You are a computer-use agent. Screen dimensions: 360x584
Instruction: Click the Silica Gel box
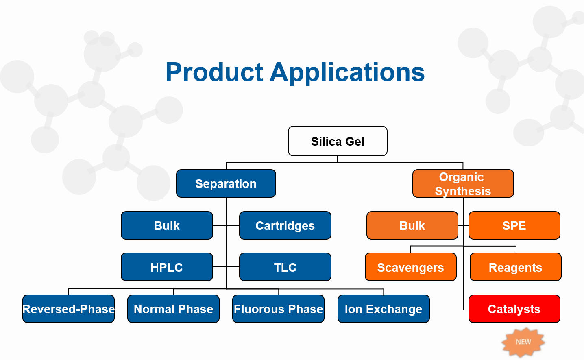click(338, 141)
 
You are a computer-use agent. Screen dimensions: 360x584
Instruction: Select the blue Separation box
click(226, 183)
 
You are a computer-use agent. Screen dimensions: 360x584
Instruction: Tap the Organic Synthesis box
click(463, 183)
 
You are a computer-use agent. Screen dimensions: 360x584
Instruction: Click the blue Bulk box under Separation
click(167, 225)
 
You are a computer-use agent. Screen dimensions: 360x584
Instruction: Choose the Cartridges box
click(285, 225)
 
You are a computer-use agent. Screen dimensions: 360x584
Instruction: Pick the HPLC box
click(167, 267)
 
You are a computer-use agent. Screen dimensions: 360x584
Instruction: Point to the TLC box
click(285, 267)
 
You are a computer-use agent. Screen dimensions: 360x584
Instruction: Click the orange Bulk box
click(412, 225)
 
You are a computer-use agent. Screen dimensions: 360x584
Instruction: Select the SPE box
click(514, 225)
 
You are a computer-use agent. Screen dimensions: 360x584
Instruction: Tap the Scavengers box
click(410, 267)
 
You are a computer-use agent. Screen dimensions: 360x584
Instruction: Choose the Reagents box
click(515, 267)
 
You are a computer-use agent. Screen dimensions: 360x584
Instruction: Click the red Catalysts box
click(514, 309)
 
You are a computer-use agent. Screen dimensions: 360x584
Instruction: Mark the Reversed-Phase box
click(68, 309)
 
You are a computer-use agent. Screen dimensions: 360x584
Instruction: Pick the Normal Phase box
click(173, 309)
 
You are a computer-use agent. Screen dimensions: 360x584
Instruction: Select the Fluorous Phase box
click(278, 309)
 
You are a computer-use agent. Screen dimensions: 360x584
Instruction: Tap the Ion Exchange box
click(384, 309)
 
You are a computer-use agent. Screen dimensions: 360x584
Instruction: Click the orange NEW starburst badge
click(523, 342)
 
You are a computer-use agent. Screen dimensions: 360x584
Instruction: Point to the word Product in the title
click(214, 72)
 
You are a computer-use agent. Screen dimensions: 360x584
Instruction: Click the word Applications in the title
click(347, 72)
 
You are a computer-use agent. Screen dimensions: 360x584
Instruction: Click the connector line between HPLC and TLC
click(220, 267)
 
